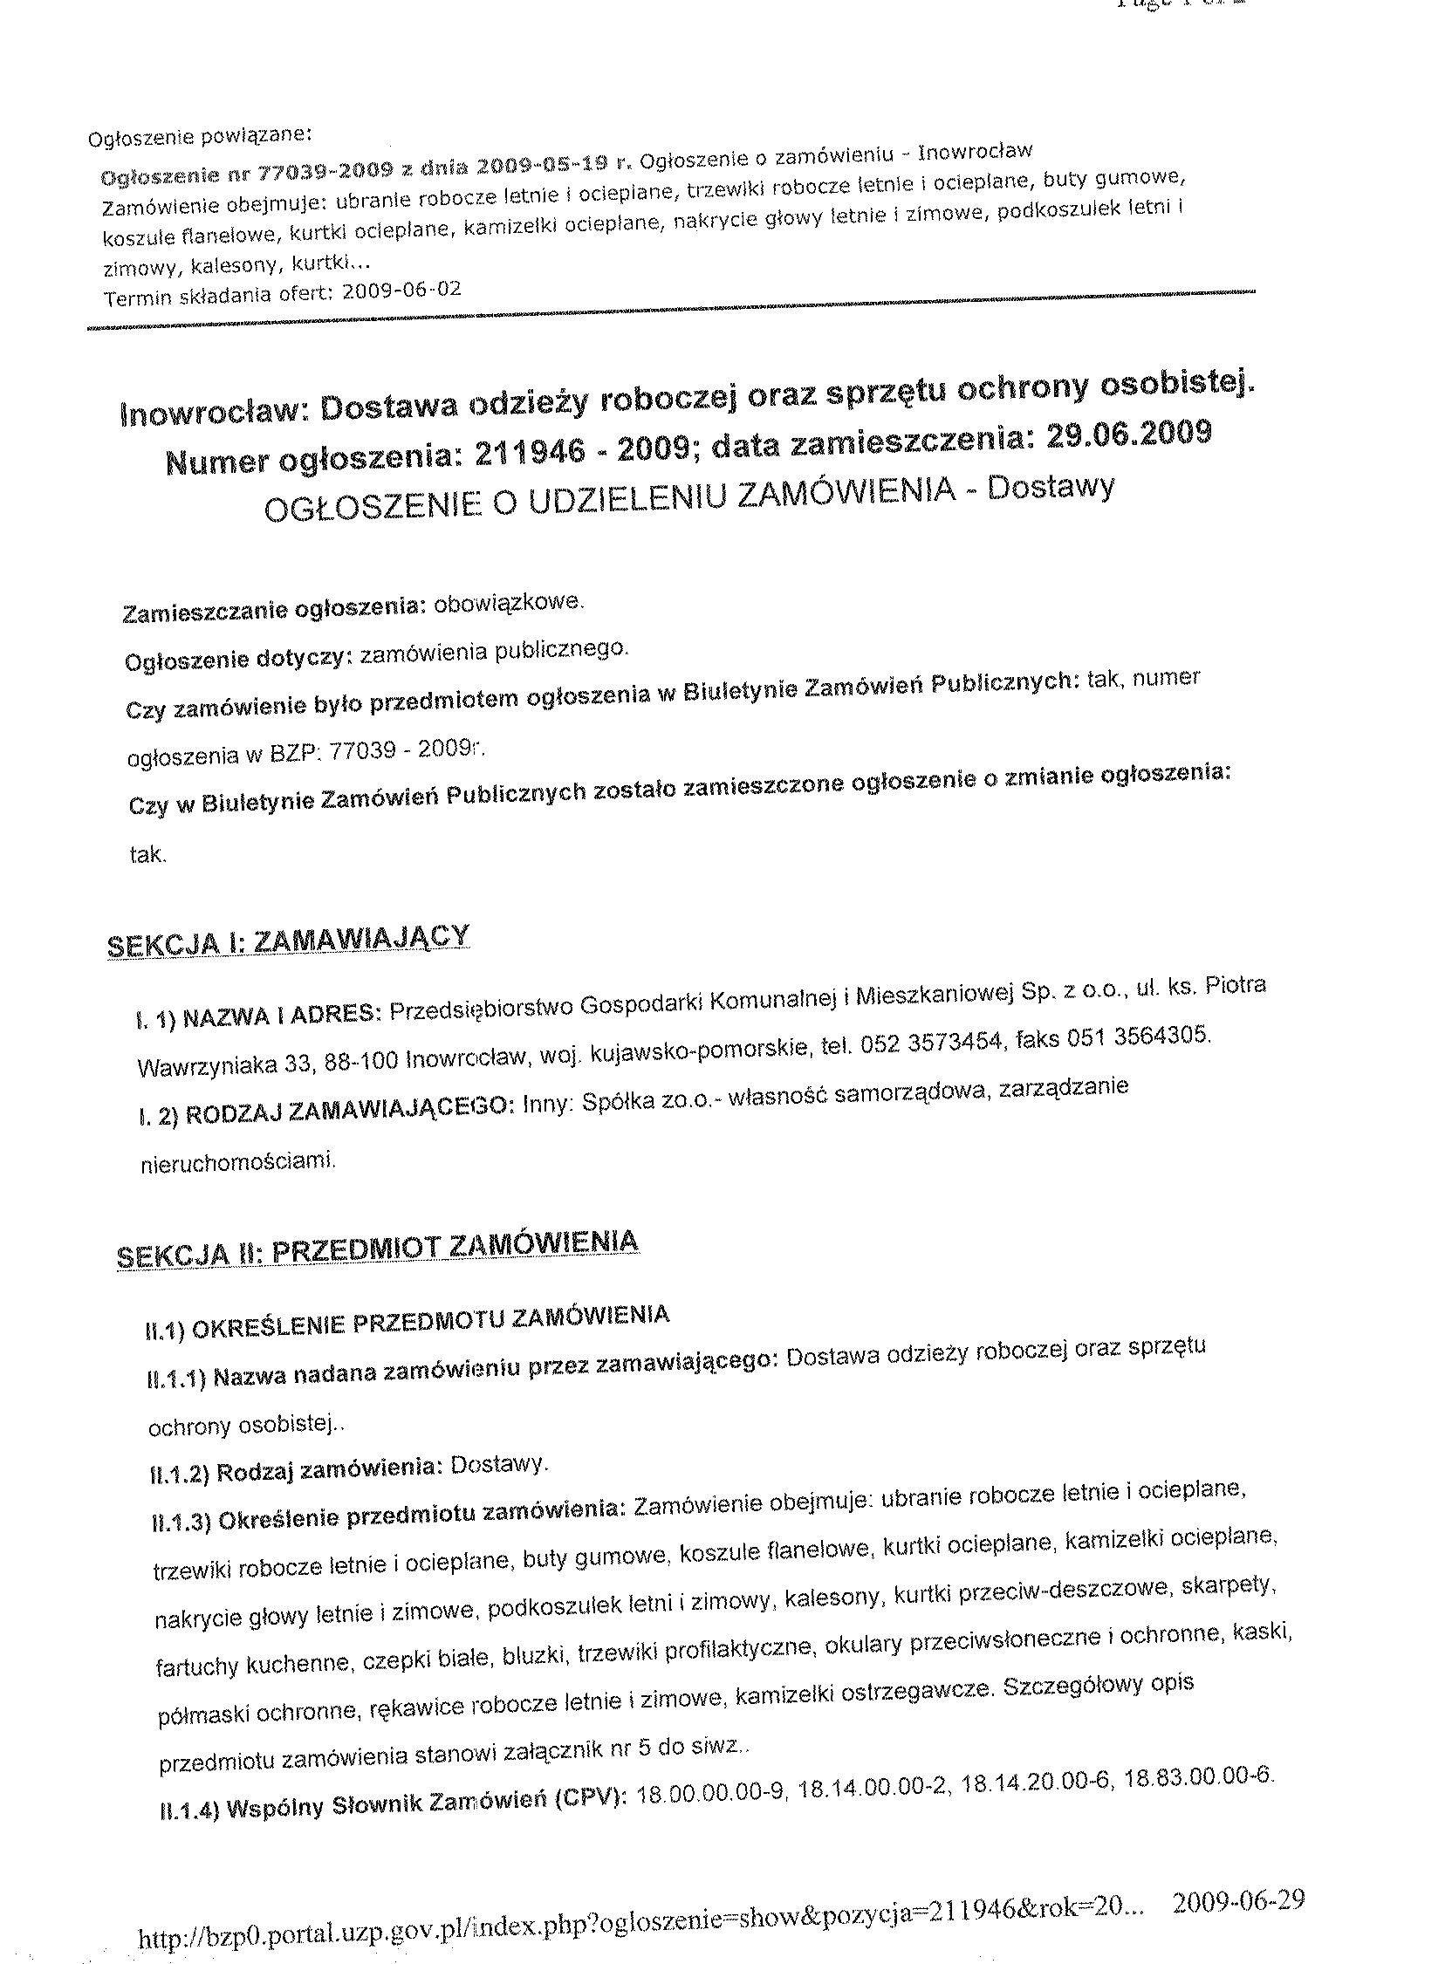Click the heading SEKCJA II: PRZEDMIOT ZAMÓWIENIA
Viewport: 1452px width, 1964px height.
pyautogui.click(x=378, y=1248)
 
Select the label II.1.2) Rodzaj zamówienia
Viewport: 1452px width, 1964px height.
pyautogui.click(x=296, y=1471)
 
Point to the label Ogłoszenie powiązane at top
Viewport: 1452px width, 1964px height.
pyautogui.click(x=201, y=137)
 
